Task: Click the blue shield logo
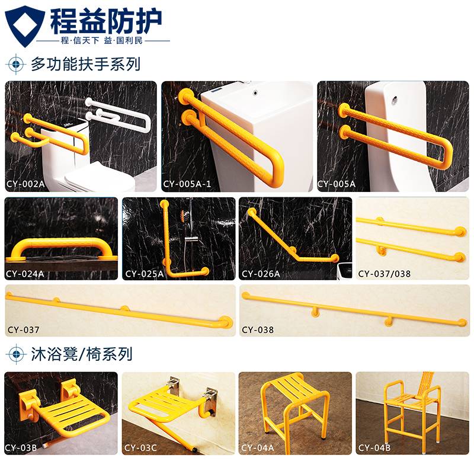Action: point(25,25)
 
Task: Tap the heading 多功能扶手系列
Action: point(85,64)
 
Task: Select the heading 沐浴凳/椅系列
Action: point(82,354)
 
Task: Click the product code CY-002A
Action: point(25,184)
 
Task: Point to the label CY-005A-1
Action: point(187,184)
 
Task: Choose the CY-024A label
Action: point(25,274)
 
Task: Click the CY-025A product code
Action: point(145,274)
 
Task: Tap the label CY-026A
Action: point(261,274)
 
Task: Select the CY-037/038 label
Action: point(384,274)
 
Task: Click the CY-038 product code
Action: point(258,330)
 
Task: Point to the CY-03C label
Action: point(140,448)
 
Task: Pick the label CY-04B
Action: point(374,448)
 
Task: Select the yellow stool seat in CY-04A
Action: point(289,387)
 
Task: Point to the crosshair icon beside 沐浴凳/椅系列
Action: point(16,354)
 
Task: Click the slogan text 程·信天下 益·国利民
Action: point(101,40)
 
